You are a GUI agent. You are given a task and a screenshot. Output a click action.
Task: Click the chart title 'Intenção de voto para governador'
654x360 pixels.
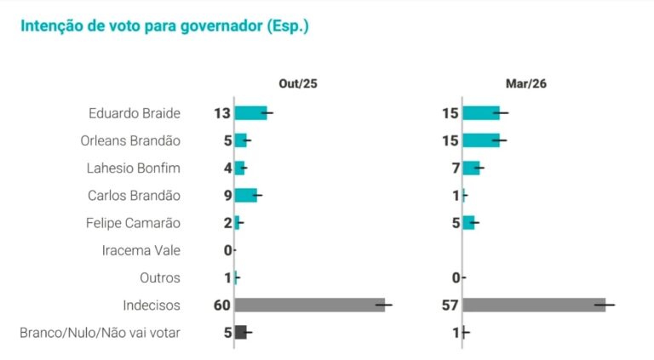[163, 26]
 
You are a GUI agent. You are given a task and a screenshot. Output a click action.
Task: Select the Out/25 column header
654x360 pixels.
[298, 83]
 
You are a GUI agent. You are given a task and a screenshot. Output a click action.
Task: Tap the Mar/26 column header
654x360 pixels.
[525, 83]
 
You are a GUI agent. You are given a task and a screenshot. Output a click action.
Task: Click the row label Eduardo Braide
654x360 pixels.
[135, 113]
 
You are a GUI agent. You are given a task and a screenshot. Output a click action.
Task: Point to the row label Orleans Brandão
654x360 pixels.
[135, 140]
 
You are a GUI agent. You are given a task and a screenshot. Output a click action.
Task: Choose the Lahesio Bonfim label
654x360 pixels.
[134, 168]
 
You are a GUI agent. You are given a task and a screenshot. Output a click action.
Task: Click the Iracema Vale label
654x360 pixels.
[141, 250]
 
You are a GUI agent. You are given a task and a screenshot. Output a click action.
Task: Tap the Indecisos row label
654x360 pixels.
[152, 305]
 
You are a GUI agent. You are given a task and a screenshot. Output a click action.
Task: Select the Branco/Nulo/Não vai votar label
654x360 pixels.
[100, 332]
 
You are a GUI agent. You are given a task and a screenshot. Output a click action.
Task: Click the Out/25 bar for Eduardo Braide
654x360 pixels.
[250, 113]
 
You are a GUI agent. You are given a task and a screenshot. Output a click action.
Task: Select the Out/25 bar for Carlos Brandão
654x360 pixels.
[245, 195]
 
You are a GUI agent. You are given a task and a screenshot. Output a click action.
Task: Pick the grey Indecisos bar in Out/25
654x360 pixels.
[309, 305]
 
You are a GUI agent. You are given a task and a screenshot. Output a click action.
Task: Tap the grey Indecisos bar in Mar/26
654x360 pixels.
[534, 305]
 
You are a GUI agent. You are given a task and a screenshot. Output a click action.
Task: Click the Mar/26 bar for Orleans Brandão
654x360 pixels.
[480, 140]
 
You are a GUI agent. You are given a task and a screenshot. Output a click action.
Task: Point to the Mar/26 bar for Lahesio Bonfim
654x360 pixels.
[471, 168]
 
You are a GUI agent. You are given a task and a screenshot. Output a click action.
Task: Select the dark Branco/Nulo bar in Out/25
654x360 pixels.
[240, 332]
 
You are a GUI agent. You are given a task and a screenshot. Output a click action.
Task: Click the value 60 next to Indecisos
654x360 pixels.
[223, 305]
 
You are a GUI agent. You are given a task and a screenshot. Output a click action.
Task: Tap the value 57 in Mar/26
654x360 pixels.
[450, 305]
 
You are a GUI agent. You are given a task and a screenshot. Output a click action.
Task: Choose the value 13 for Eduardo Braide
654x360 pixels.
[223, 113]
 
